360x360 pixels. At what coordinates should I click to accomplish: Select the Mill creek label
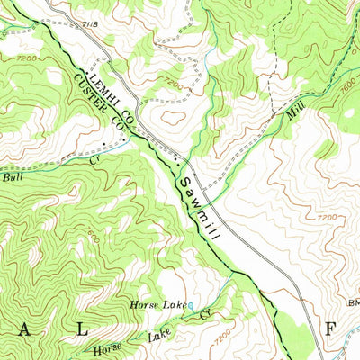tap(292, 112)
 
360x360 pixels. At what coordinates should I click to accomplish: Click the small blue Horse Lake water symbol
tap(191, 306)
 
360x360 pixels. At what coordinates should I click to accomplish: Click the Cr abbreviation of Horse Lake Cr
tap(203, 315)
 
